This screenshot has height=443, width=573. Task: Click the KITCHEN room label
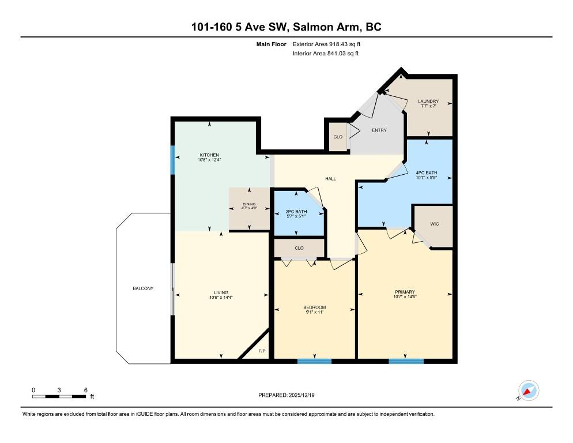tap(209, 155)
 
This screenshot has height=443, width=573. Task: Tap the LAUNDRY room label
tap(428, 102)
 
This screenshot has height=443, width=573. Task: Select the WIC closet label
tap(434, 224)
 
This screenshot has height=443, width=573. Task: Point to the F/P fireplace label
tap(261, 351)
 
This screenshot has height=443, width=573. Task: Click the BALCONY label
tap(143, 288)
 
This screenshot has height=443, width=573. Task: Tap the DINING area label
tap(249, 204)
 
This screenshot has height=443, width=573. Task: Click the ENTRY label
tap(379, 130)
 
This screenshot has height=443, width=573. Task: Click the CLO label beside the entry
tap(338, 137)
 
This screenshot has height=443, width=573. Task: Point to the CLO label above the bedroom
tap(299, 248)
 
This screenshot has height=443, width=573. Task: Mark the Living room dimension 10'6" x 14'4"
tap(221, 298)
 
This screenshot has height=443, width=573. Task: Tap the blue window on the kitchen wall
tap(172, 160)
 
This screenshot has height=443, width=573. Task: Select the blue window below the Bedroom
tap(314, 362)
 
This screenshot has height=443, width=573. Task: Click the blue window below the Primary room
tap(406, 362)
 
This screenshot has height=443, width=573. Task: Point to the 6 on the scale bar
tap(85, 390)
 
